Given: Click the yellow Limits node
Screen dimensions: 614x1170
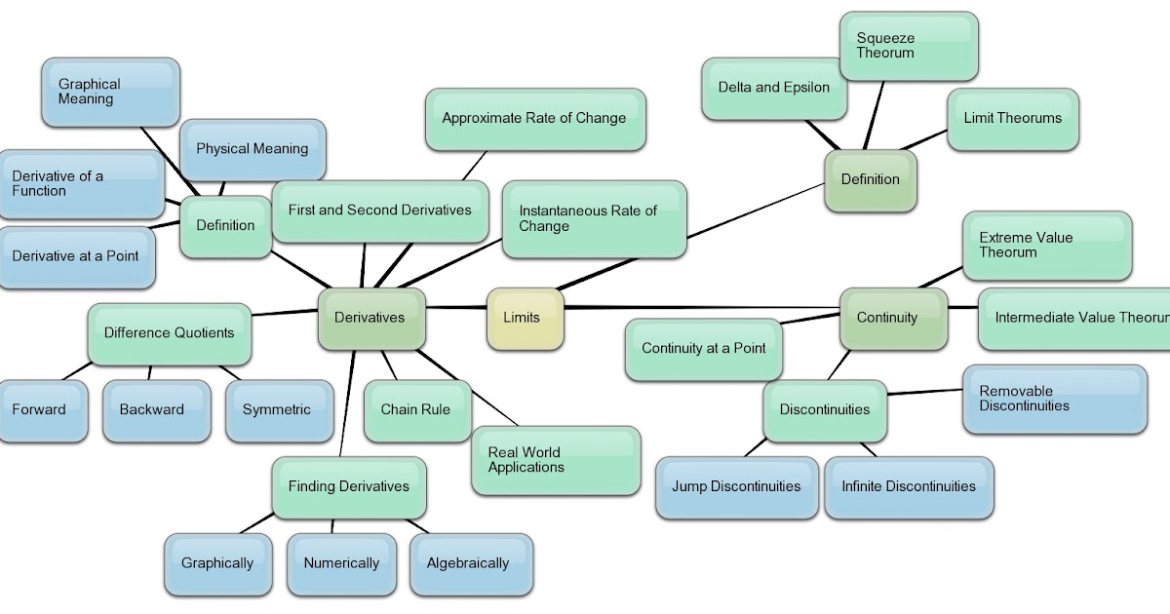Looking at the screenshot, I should click(x=525, y=318).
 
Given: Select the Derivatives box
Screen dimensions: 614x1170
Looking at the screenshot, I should click(x=371, y=318).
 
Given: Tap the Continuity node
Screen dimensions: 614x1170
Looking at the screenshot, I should click(x=892, y=318).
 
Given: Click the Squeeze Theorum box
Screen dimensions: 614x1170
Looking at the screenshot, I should click(x=908, y=46).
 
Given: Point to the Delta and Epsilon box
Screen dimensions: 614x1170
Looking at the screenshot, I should click(x=774, y=88).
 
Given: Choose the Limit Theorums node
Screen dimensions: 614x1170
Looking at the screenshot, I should click(x=1012, y=119).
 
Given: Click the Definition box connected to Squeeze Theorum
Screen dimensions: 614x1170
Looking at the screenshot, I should click(x=870, y=179).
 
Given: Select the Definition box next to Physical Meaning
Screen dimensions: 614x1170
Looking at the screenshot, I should click(x=226, y=226).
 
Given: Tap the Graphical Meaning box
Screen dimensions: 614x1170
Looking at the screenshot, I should click(x=110, y=92).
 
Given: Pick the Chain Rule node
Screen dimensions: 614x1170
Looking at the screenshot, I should click(x=416, y=410).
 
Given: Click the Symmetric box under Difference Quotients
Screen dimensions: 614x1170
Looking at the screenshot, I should click(x=276, y=410).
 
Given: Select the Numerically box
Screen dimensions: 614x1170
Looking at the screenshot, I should click(x=341, y=563).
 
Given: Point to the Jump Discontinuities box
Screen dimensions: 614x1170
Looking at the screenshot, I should click(x=736, y=486).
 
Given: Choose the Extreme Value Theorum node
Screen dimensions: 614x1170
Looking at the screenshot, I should click(x=1046, y=246).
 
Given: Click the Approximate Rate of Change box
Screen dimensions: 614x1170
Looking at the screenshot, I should click(x=534, y=119).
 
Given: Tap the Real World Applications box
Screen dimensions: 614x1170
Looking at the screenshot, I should click(x=555, y=460).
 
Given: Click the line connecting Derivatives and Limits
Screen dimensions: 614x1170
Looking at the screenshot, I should click(x=456, y=308).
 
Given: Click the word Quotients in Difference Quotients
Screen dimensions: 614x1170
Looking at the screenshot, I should click(x=201, y=333).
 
